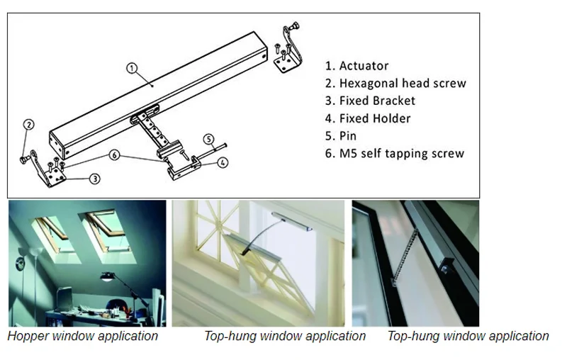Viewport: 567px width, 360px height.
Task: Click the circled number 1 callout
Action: click(131, 68)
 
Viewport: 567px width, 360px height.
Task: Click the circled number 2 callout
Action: click(28, 125)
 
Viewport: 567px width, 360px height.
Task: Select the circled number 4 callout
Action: click(223, 162)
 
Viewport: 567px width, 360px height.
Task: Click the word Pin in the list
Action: click(348, 135)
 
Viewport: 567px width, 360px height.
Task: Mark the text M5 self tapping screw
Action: click(401, 153)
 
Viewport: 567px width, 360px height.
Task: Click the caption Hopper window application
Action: click(83, 336)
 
